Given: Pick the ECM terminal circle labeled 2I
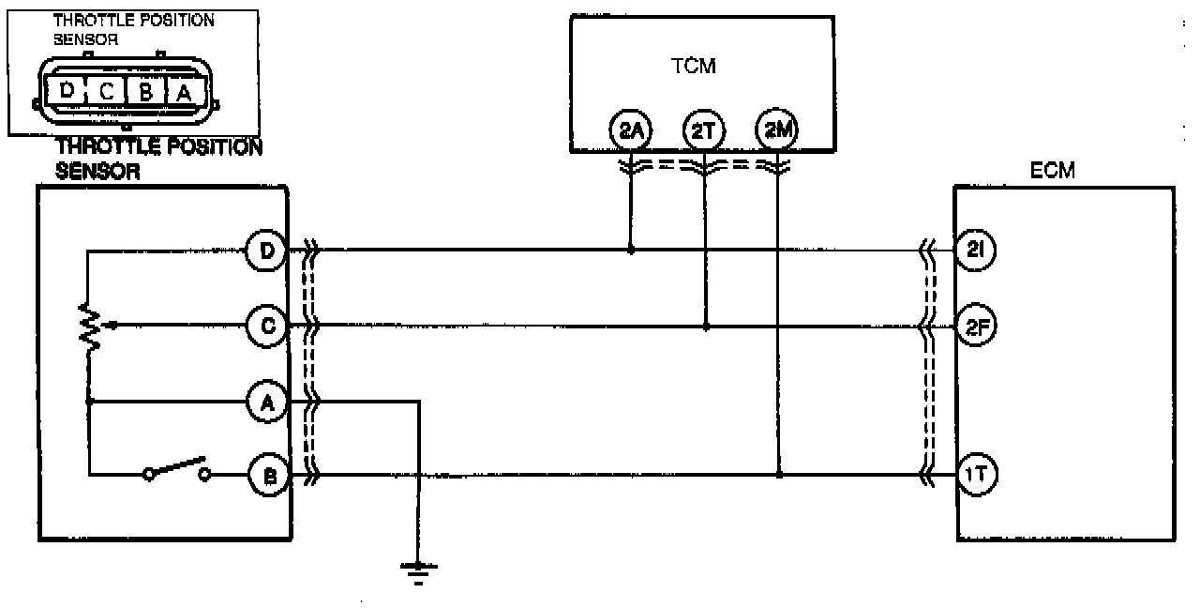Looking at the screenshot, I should coord(976,251).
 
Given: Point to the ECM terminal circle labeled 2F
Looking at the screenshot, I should coord(976,327).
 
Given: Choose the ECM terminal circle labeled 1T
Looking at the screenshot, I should coord(976,475).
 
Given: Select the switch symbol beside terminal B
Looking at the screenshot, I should coord(176,469).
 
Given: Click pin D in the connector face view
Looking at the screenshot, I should coord(67,91).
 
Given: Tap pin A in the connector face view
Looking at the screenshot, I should coord(182,91).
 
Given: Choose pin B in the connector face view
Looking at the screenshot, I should coord(145,91).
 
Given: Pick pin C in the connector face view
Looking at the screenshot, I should coord(107,91).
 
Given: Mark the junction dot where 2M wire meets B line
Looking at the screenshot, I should coord(779,475).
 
